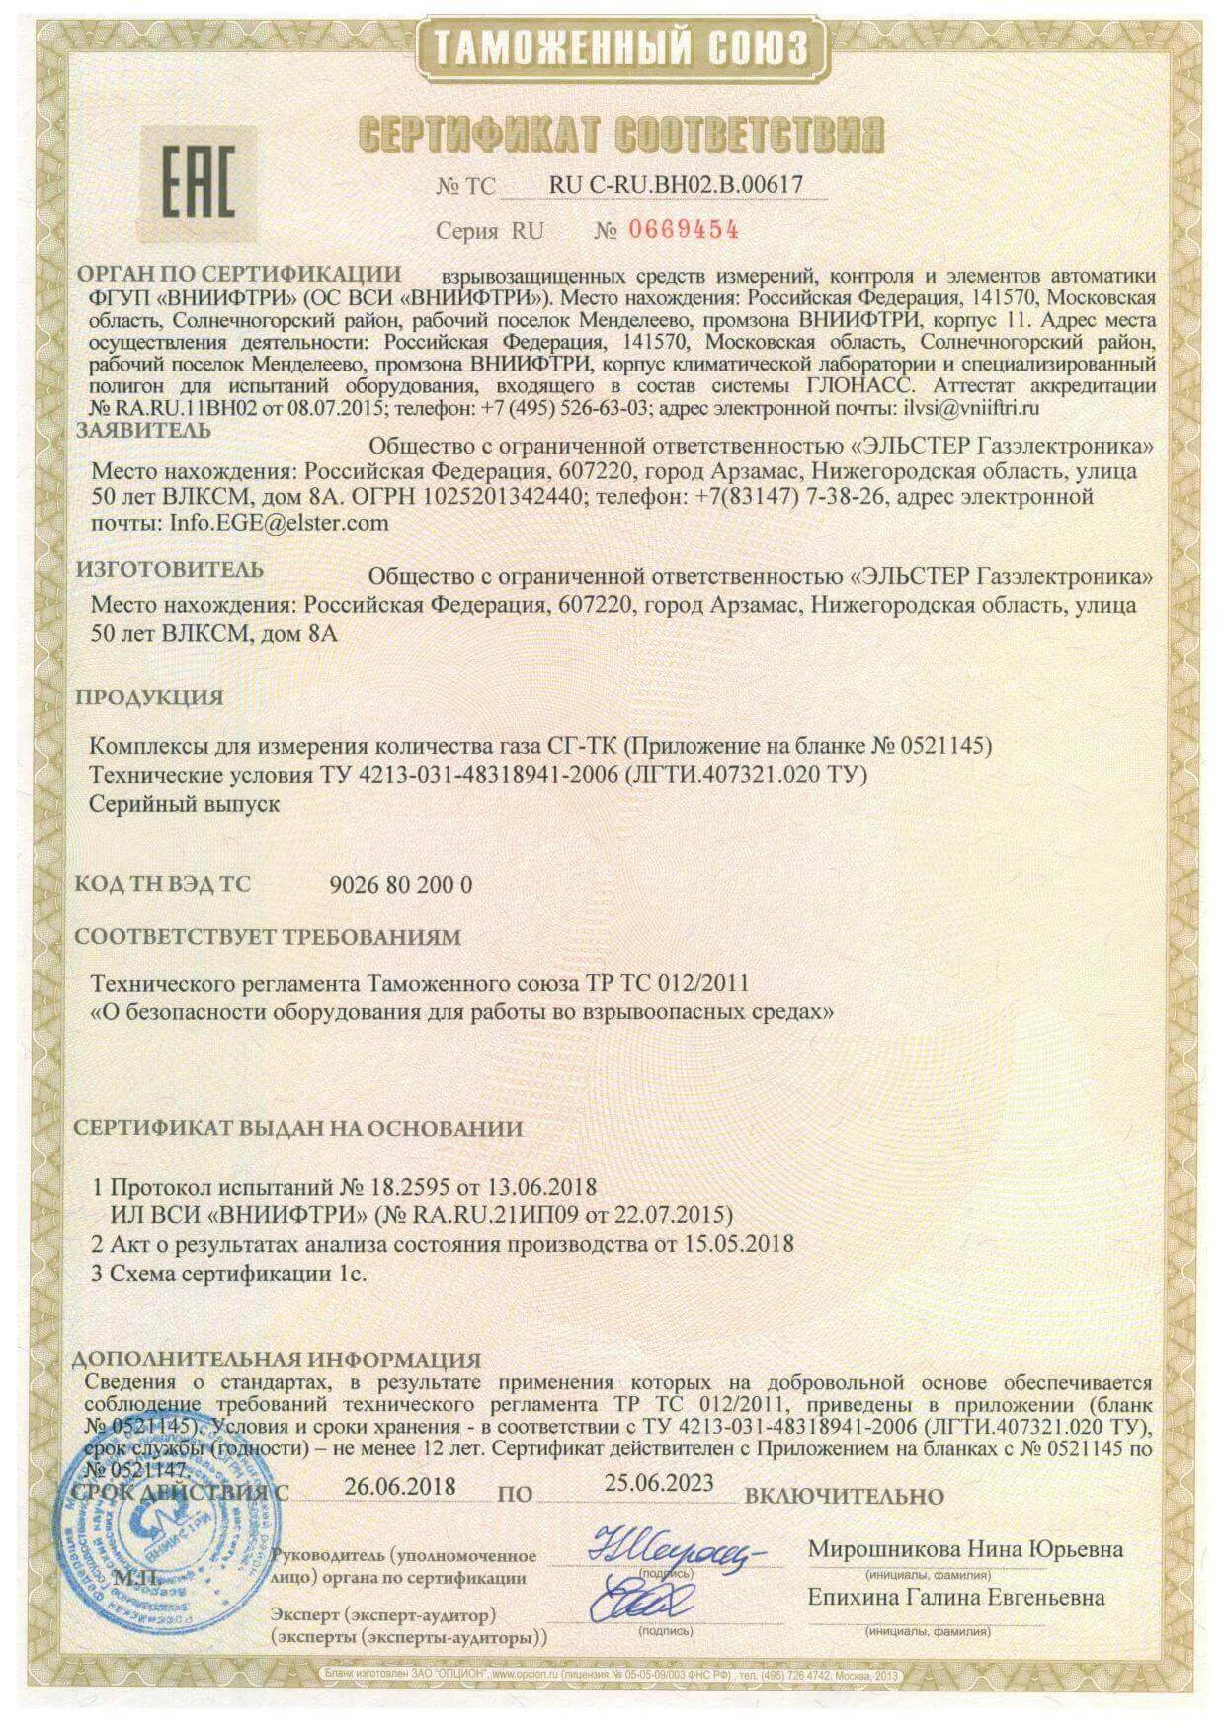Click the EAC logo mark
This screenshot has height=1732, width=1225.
click(x=198, y=185)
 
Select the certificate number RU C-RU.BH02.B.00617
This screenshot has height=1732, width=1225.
click(x=676, y=184)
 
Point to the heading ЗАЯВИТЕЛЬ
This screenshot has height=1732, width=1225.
click(x=144, y=430)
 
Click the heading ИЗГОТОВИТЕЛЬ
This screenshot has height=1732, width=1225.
click(x=170, y=569)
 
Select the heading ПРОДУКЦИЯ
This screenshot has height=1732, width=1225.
click(x=150, y=697)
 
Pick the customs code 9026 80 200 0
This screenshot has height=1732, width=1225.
click(x=399, y=885)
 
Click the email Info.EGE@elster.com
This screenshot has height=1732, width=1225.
click(x=280, y=523)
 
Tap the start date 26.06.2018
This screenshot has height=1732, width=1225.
click(x=400, y=1487)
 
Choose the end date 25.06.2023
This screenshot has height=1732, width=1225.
click(x=659, y=1483)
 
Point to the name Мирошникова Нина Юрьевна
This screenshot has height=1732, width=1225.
click(x=965, y=1549)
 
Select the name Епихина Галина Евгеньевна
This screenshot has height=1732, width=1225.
click(x=956, y=1598)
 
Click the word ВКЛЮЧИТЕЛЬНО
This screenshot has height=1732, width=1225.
click(x=844, y=1496)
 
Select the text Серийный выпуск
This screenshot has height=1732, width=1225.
click(x=185, y=804)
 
